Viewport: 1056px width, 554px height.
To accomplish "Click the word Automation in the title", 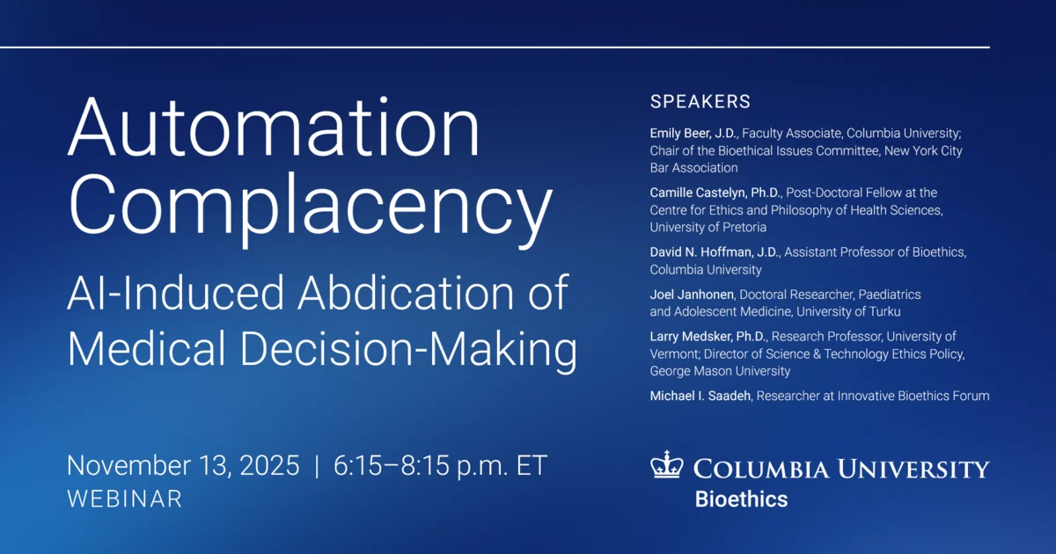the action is pyautogui.click(x=274, y=127).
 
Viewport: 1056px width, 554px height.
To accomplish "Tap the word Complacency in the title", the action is pyautogui.click(x=310, y=208).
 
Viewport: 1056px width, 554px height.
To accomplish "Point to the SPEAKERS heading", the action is pyautogui.click(x=700, y=102).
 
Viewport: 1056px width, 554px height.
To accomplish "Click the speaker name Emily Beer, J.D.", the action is pyautogui.click(x=693, y=134).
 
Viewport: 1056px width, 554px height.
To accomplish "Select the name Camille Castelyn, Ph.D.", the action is pyautogui.click(x=715, y=193).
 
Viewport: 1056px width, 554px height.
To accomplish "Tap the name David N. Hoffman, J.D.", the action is pyautogui.click(x=715, y=252).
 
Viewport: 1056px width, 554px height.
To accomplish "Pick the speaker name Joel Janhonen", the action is pyautogui.click(x=692, y=295).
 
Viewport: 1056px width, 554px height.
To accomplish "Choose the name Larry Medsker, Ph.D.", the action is pyautogui.click(x=708, y=336).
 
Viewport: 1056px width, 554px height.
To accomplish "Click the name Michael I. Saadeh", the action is pyautogui.click(x=700, y=396).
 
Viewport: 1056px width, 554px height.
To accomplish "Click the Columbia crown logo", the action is pyautogui.click(x=667, y=464).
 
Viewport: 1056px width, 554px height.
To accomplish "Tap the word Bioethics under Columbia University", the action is pyautogui.click(x=741, y=499).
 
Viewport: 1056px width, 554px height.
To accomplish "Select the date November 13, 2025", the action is pyautogui.click(x=183, y=466).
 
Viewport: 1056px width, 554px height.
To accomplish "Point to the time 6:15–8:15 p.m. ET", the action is pyautogui.click(x=440, y=466).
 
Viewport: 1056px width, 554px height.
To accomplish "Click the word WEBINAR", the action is pyautogui.click(x=124, y=499).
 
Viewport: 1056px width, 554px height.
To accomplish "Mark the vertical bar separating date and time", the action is pyautogui.click(x=316, y=466).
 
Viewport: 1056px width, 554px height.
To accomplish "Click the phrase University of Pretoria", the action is pyautogui.click(x=708, y=227).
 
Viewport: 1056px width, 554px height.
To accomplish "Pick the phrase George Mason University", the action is pyautogui.click(x=720, y=371).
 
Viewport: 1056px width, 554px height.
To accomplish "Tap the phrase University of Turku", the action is pyautogui.click(x=848, y=311).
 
